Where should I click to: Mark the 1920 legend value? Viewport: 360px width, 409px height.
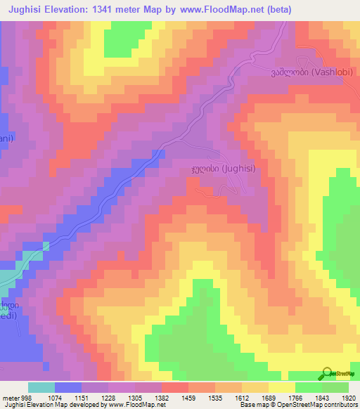pyautogui.click(x=347, y=397)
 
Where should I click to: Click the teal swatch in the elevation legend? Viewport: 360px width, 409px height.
pyautogui.click(x=41, y=387)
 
